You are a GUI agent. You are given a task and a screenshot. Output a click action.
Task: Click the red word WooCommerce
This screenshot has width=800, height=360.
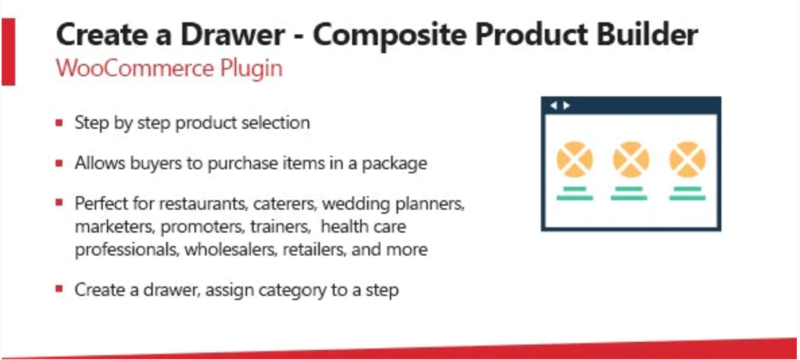click(134, 68)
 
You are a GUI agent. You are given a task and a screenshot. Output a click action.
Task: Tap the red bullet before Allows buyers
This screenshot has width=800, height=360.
click(59, 163)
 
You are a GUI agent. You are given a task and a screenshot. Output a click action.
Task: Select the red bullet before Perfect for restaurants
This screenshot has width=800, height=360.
click(59, 202)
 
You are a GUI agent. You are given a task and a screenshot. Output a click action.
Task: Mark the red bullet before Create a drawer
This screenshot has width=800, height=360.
click(59, 289)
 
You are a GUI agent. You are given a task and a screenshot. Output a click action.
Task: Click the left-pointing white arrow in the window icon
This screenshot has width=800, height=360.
click(554, 105)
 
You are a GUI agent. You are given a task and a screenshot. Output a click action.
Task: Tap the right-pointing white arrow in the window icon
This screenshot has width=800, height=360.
click(566, 105)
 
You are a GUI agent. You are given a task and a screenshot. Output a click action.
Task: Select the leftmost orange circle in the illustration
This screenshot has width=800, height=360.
click(574, 159)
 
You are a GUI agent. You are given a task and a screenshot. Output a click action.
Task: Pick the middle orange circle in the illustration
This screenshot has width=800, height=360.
click(630, 159)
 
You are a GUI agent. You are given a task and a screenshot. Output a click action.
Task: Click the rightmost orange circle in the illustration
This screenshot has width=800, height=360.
click(687, 159)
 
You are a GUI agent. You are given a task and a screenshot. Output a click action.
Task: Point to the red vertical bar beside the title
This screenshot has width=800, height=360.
click(9, 52)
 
